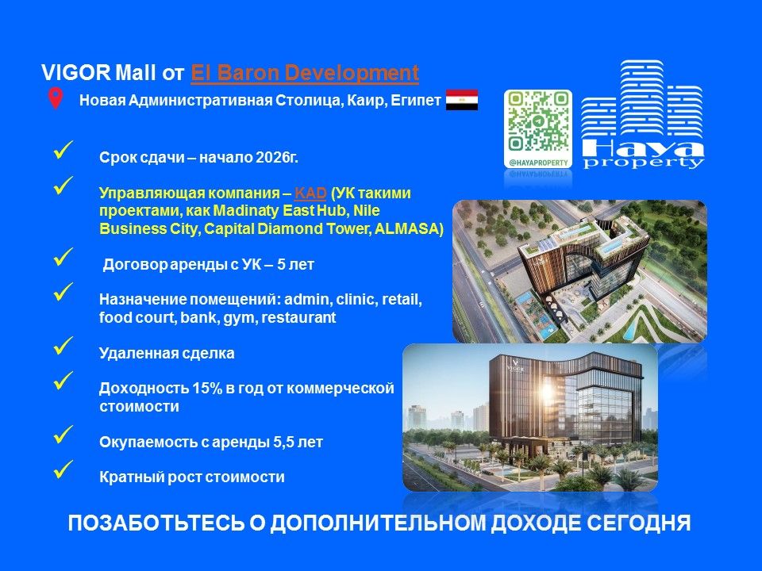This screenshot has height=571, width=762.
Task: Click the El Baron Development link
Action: click(x=305, y=74)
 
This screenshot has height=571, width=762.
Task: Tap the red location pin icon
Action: click(x=55, y=99)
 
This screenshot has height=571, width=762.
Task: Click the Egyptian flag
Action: click(x=461, y=100)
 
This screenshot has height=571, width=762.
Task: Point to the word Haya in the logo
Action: click(x=642, y=149)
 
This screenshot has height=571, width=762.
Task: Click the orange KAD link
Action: click(x=305, y=193)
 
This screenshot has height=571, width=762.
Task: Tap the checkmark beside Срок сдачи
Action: click(x=63, y=149)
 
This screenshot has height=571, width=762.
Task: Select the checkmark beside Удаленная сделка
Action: click(x=63, y=345)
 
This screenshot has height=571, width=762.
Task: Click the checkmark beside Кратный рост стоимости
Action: click(x=63, y=469)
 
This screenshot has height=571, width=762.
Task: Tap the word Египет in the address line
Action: click(x=414, y=101)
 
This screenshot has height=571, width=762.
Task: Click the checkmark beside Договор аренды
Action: click(x=63, y=257)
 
